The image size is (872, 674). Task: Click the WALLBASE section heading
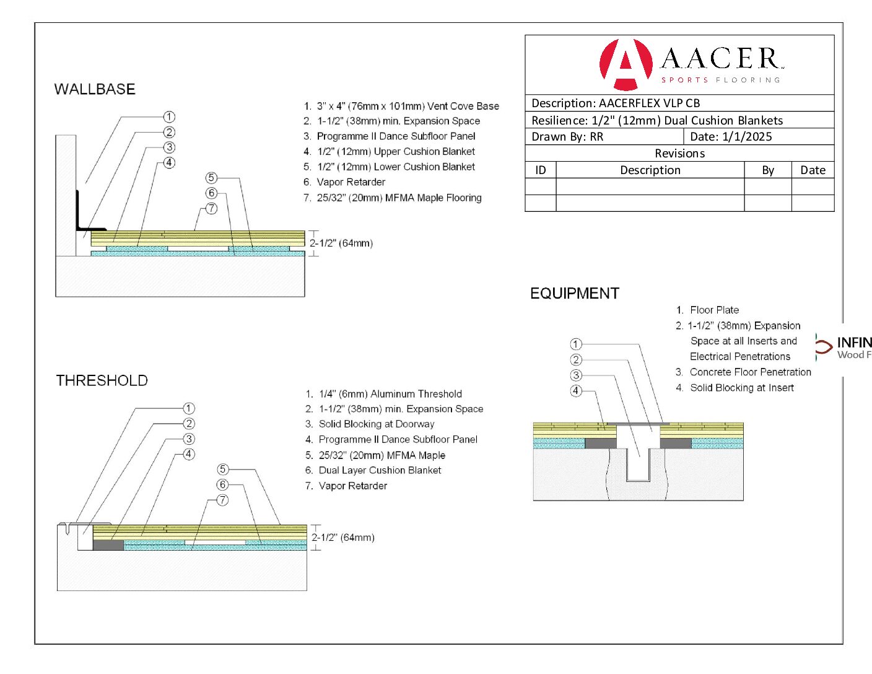[x=95, y=89]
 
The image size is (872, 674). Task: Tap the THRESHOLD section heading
[x=102, y=380]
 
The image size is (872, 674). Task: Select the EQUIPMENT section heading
[x=575, y=294]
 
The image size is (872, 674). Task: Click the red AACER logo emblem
[x=626, y=64]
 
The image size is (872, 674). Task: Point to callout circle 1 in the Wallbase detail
[x=169, y=116]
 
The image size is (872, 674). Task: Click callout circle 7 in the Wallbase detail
[x=212, y=209]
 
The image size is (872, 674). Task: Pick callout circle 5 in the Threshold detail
[x=223, y=470]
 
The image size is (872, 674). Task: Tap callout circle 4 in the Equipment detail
[x=576, y=391]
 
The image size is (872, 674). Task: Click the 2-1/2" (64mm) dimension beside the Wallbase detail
[x=341, y=243]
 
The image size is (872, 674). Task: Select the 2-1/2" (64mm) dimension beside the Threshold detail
[x=343, y=538]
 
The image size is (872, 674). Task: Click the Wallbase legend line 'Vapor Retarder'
[x=351, y=182]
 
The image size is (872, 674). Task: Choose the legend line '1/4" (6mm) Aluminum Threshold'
[x=390, y=394]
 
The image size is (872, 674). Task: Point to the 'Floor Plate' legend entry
[x=714, y=310]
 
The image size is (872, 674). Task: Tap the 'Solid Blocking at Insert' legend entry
[x=741, y=388]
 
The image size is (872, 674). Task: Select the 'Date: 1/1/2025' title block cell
[x=731, y=137]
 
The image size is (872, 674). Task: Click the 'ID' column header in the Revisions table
[x=541, y=170]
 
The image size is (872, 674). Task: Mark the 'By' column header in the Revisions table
[x=768, y=170]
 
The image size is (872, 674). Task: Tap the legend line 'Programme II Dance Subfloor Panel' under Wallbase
[x=396, y=136]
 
